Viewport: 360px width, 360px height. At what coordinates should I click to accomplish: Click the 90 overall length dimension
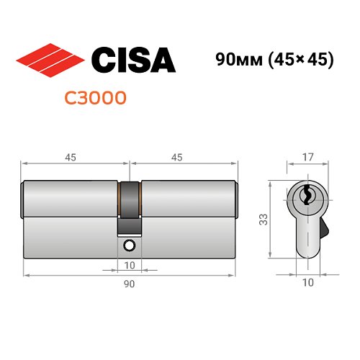(130, 284)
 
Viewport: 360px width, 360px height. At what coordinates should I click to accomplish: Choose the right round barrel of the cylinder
(189, 197)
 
